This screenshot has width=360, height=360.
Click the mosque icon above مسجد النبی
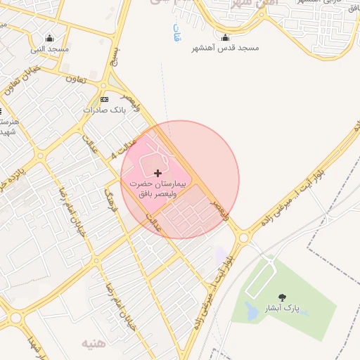[49, 38]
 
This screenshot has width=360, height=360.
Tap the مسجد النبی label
[49, 49]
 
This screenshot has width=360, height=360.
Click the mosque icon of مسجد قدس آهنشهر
[225, 37]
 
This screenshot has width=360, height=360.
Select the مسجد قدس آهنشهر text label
[225, 49]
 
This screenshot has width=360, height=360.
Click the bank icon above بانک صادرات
[105, 99]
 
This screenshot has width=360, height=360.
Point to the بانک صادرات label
[103, 110]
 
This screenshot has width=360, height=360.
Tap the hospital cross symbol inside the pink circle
[157, 172]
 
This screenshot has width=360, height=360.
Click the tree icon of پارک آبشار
[283, 297]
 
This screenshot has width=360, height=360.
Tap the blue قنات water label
[176, 32]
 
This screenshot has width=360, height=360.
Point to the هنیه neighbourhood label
[95, 344]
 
